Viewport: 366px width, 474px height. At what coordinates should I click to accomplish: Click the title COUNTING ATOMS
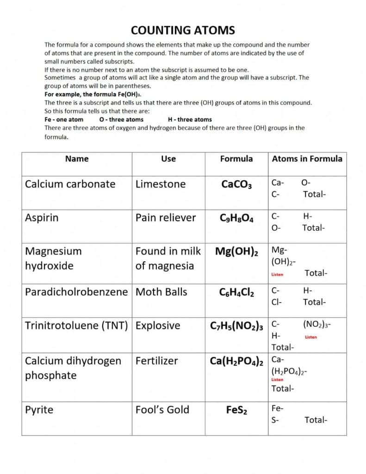pyautogui.click(x=183, y=31)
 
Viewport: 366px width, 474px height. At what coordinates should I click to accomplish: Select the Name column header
pyautogui.click(x=77, y=159)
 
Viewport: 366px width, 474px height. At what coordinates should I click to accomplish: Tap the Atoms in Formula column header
pyautogui.click(x=307, y=159)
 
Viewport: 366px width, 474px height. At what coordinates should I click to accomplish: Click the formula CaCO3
pyautogui.click(x=236, y=185)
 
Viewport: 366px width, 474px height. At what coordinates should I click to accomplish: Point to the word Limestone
pyautogui.click(x=160, y=184)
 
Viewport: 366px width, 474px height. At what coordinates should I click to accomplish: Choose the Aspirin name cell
pyautogui.click(x=42, y=218)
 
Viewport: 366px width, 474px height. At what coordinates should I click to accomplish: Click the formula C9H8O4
pyautogui.click(x=236, y=218)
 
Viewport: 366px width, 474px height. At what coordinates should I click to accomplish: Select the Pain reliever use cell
pyautogui.click(x=165, y=218)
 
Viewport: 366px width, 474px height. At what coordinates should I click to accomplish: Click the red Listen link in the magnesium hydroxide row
pyautogui.click(x=277, y=274)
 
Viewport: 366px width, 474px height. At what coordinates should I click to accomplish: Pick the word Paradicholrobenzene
pyautogui.click(x=76, y=292)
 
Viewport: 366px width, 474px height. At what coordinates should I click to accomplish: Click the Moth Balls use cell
pyautogui.click(x=161, y=292)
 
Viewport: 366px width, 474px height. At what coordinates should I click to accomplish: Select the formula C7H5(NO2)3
pyautogui.click(x=236, y=326)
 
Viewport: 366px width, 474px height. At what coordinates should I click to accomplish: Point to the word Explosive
pyautogui.click(x=157, y=326)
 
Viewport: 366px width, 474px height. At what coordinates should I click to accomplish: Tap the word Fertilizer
pyautogui.click(x=156, y=361)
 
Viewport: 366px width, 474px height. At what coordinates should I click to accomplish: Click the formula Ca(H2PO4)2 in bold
pyautogui.click(x=236, y=362)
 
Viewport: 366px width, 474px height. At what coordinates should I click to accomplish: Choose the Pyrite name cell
pyautogui.click(x=39, y=410)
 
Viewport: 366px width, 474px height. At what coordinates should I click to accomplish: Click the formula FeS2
pyautogui.click(x=236, y=411)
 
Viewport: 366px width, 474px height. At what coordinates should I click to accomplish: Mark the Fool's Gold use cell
pyautogui.click(x=162, y=410)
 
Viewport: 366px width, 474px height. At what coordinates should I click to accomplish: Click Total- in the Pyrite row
pyautogui.click(x=316, y=420)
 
